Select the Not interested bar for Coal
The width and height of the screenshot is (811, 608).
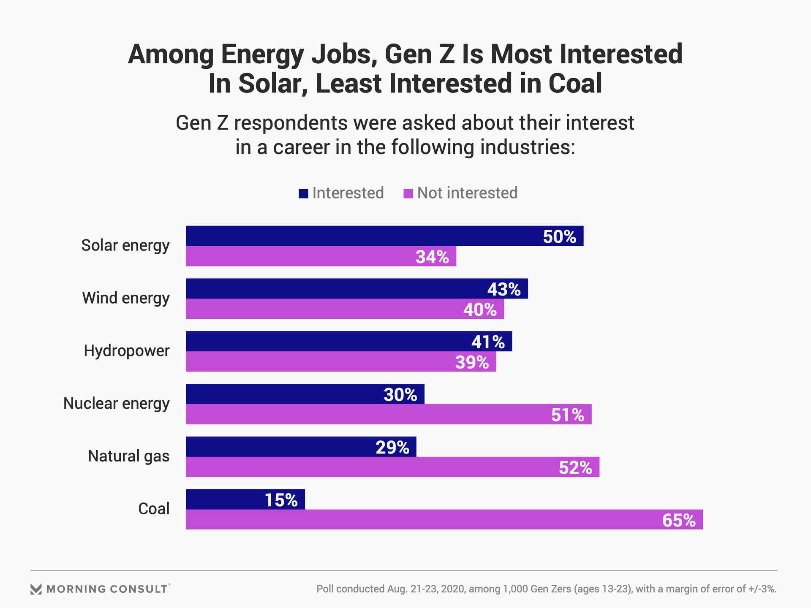[422, 519]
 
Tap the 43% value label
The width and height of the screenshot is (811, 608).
[503, 289]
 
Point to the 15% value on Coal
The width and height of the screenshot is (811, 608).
[281, 500]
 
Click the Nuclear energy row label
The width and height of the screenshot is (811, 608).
[116, 404]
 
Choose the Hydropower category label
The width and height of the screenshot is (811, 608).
[126, 351]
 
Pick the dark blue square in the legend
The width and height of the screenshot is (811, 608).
[303, 193]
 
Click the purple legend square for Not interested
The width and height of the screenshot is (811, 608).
[408, 193]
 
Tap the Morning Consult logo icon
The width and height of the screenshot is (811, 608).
[36, 589]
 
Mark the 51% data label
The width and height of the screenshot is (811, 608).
[567, 415]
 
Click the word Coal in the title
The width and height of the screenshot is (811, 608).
[575, 83]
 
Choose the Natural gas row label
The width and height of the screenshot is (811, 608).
[128, 456]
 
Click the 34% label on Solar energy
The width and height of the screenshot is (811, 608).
[432, 257]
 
